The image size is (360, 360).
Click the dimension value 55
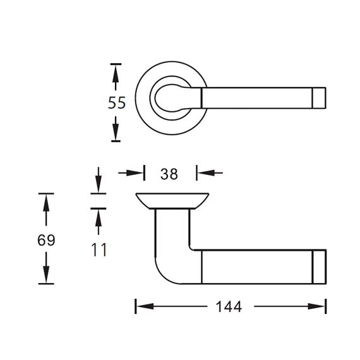pyautogui.click(x=117, y=102)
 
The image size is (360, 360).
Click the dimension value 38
pyautogui.click(x=169, y=174)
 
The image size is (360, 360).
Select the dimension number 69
pyautogui.click(x=46, y=241)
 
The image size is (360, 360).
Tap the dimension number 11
pyautogui.click(x=99, y=250)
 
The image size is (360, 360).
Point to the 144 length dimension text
pyautogui.click(x=229, y=307)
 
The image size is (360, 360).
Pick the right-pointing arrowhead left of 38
pyautogui.click(x=135, y=173)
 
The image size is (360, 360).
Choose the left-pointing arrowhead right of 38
pyautogui.click(x=206, y=172)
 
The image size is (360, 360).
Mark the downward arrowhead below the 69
pyautogui.click(x=46, y=274)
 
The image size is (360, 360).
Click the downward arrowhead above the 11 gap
pyautogui.click(x=99, y=184)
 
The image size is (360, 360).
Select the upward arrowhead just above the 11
pyautogui.click(x=99, y=218)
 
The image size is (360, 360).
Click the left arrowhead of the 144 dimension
pyautogui.click(x=145, y=306)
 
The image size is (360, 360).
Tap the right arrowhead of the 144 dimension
pyautogui.click(x=316, y=306)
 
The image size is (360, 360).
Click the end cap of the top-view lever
pyautogui.click(x=319, y=98)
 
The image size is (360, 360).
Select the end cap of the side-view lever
pyautogui.click(x=320, y=267)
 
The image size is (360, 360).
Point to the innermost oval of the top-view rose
pyautogui.click(x=155, y=98)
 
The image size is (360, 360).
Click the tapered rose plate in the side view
pyautogui.click(x=172, y=201)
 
